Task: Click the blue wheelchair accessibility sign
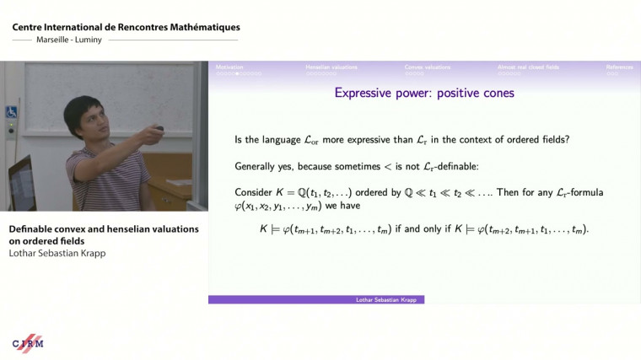point(12,111)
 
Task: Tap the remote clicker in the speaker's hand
point(157,130)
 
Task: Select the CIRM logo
point(28,342)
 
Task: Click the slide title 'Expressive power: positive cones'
point(424,93)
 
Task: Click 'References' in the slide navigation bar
point(622,67)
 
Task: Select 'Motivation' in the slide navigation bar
point(230,67)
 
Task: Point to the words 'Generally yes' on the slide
point(263,166)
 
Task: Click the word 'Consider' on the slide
point(253,193)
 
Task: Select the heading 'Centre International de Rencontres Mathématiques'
point(126,28)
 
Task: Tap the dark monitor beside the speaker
point(21,180)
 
